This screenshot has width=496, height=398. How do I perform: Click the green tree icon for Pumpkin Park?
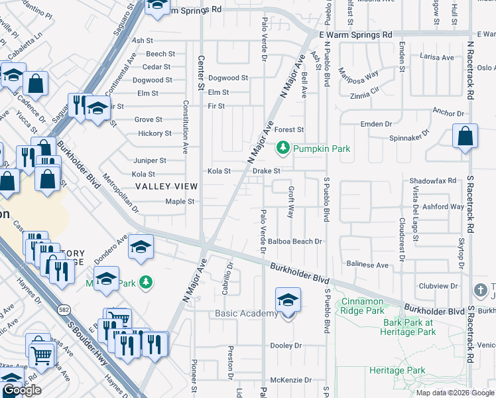[x=284, y=149]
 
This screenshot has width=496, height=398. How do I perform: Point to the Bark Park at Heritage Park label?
[x=407, y=327]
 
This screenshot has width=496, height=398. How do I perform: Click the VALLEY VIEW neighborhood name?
[x=166, y=187]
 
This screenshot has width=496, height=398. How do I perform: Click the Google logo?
[x=22, y=390]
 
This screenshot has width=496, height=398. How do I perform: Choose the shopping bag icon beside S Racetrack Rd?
[x=465, y=136]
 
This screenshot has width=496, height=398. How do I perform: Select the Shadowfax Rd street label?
[x=433, y=180]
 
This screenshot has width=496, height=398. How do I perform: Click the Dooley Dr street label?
[x=286, y=346]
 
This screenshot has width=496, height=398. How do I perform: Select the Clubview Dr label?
[x=440, y=287]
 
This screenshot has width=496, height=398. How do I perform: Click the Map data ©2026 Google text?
[x=455, y=393]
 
